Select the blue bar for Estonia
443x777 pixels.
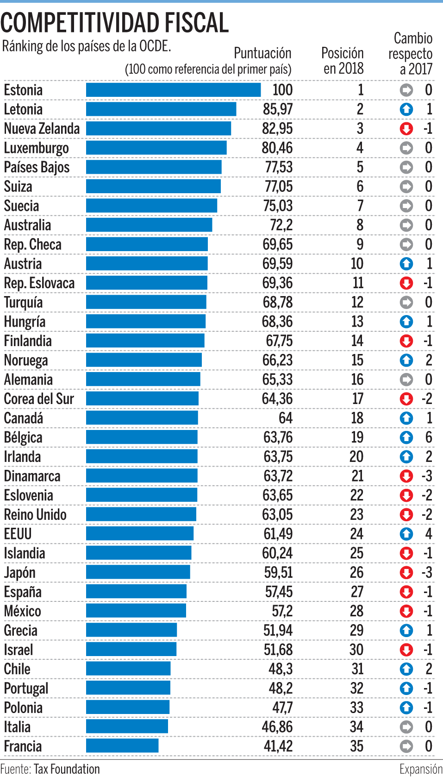pyautogui.click(x=173, y=90)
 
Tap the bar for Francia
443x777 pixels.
pyautogui.click(x=122, y=746)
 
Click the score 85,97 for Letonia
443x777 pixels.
pyautogui.click(x=277, y=109)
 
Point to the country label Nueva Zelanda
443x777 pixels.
pyautogui.click(x=42, y=129)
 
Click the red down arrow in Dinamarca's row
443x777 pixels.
pyautogui.click(x=406, y=476)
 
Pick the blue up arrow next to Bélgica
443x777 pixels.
pyautogui.click(x=406, y=437)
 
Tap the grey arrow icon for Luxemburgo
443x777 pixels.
pyautogui.click(x=406, y=148)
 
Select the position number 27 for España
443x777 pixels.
pyautogui.click(x=356, y=592)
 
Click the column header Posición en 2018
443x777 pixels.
pyautogui.click(x=343, y=61)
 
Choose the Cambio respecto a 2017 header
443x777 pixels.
pyautogui.click(x=410, y=53)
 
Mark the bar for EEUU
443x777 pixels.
pyautogui.click(x=140, y=534)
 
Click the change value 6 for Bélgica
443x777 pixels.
pyautogui.click(x=429, y=437)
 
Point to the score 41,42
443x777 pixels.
pyautogui.click(x=278, y=746)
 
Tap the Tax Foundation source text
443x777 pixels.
pyautogui.click(x=67, y=769)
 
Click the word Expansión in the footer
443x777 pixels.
pyautogui.click(x=421, y=769)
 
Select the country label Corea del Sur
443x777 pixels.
pyautogui.click(x=39, y=399)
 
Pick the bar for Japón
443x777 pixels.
pyautogui.click(x=138, y=572)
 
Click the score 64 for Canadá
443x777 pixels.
pyautogui.click(x=285, y=418)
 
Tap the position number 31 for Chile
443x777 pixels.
pyautogui.click(x=357, y=669)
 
